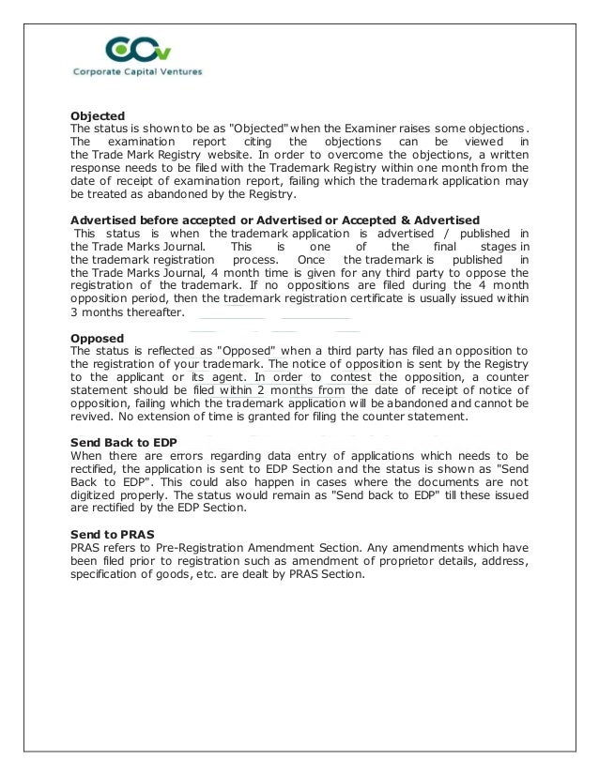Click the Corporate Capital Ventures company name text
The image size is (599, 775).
point(138,71)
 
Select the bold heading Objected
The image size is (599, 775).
point(99,116)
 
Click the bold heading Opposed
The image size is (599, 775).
point(98,337)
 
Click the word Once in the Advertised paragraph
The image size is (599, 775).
point(310,259)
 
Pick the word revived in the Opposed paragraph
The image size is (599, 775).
point(93,416)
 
